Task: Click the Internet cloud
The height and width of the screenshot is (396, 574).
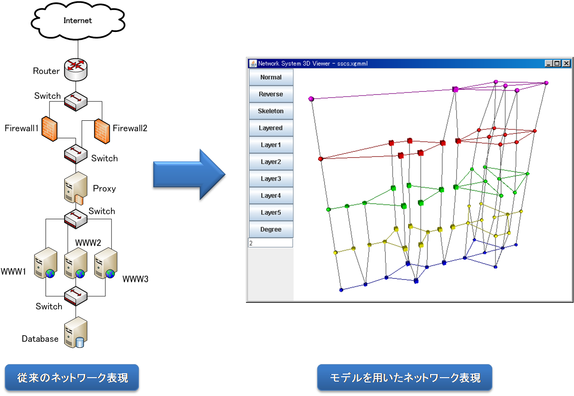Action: [x=78, y=21]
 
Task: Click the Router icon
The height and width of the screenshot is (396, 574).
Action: [x=76, y=70]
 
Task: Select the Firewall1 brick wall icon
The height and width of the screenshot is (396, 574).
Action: [x=49, y=129]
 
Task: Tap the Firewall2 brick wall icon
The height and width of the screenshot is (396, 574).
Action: [x=102, y=131]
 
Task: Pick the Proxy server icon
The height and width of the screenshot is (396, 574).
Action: [x=76, y=189]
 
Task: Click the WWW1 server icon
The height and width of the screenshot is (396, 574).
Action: [x=45, y=263]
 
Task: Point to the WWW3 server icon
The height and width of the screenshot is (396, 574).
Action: [x=106, y=263]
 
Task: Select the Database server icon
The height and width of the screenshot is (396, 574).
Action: [x=76, y=332]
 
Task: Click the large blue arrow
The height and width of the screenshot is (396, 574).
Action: [x=189, y=175]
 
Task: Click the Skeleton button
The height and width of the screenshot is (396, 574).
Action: [x=271, y=111]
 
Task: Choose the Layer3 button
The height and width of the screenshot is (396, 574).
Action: [x=271, y=179]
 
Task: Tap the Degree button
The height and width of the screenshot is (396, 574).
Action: [x=271, y=229]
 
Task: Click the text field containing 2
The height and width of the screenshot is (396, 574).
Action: [x=270, y=243]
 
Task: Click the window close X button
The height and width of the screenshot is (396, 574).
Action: [x=566, y=63]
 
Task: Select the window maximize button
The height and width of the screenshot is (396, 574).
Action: [x=557, y=63]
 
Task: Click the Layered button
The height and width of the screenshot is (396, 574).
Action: [x=271, y=128]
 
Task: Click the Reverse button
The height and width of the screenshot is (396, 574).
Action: [x=271, y=94]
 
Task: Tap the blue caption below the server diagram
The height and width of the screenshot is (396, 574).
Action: [x=72, y=378]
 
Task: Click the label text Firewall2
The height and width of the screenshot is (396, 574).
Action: [x=130, y=128]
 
